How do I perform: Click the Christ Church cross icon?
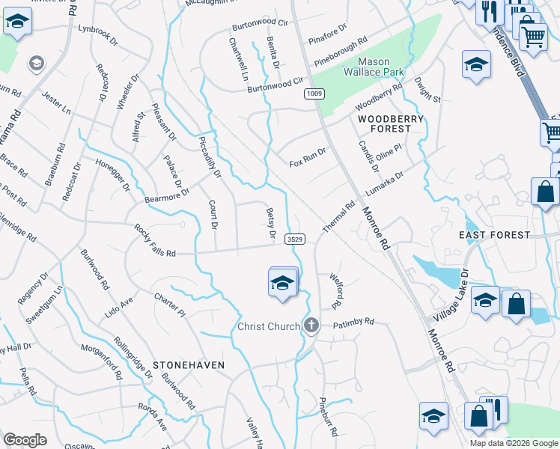tap(311, 326)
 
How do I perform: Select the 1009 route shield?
tap(314, 93)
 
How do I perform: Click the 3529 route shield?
tap(294, 239)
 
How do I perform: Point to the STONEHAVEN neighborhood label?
tap(189, 364)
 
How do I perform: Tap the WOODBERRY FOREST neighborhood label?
tap(390, 123)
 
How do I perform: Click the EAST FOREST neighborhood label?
tap(494, 235)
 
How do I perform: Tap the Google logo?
tap(25, 440)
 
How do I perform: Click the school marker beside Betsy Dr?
tap(282, 283)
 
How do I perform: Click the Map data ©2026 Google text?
tap(514, 443)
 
